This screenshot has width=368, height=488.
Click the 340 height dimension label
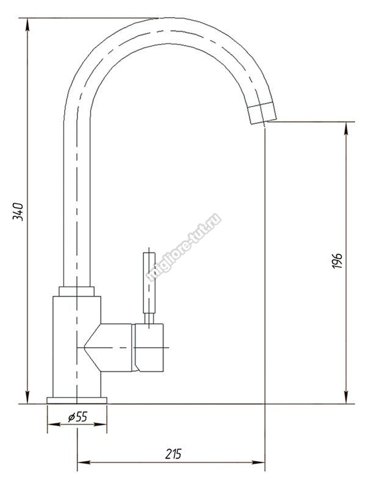18,211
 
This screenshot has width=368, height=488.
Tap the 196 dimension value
336,261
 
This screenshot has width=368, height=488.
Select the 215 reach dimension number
173,454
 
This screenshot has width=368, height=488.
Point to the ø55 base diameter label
78,417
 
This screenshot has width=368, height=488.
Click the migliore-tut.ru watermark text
184,248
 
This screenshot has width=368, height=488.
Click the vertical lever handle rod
149,282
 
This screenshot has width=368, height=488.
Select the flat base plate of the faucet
77,400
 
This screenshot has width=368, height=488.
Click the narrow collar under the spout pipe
76,292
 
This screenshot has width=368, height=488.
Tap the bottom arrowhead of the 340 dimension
27,398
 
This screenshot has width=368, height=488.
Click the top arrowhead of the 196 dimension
346,128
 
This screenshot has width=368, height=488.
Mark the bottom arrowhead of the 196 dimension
346,398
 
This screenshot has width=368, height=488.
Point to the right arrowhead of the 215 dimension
258,462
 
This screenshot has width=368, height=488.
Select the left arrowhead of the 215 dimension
84,462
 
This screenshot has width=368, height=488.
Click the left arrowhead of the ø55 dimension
54,424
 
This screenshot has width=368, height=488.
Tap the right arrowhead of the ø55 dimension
100,424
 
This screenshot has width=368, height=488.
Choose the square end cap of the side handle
149,348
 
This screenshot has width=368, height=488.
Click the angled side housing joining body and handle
109,348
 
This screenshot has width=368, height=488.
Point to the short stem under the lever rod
149,318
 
